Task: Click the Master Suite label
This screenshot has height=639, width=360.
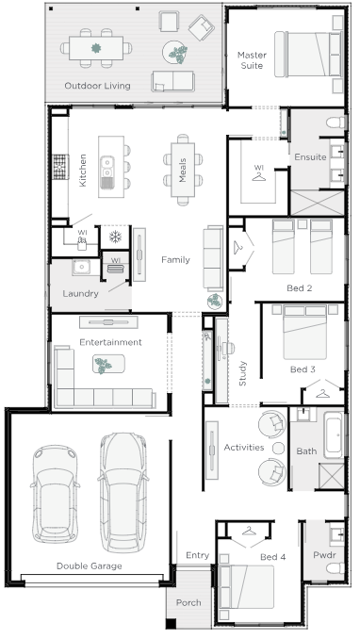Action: tap(252, 60)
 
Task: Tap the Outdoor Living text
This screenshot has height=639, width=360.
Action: tap(97, 86)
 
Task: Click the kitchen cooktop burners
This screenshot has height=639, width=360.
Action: tap(60, 167)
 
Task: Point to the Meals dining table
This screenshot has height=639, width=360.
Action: tap(183, 170)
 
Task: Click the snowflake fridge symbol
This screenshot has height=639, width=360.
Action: tap(115, 237)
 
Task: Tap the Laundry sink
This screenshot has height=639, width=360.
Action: tap(82, 267)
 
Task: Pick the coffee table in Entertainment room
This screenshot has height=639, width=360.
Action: tap(108, 364)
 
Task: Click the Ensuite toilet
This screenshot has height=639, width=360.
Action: tap(336, 123)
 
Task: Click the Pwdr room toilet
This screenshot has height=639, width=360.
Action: tap(335, 568)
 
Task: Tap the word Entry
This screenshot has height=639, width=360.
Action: tap(197, 555)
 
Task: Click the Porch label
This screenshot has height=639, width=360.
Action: tap(188, 602)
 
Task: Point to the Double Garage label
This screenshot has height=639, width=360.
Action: tap(90, 566)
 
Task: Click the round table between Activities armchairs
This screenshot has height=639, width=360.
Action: tap(278, 448)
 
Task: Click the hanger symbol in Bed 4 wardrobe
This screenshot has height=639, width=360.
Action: tap(249, 531)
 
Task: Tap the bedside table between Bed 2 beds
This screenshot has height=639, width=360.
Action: tap(303, 224)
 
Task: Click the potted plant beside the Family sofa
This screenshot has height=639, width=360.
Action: tap(215, 302)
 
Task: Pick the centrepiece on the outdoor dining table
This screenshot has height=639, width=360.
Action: tap(96, 48)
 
